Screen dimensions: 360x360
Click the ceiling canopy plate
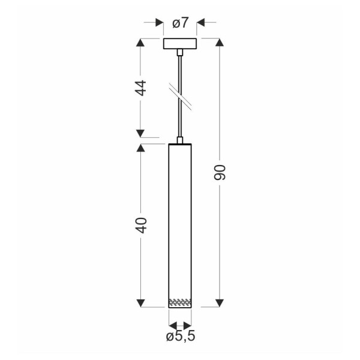[x=180, y=45]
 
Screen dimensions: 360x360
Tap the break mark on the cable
[x=180, y=96]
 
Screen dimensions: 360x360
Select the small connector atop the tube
[x=180, y=141]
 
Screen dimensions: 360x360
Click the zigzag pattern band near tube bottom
[x=180, y=301]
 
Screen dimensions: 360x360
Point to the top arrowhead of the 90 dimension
[x=220, y=44]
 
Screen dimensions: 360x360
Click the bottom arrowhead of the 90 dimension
[x=220, y=302]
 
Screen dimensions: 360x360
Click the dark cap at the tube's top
[x=180, y=146]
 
